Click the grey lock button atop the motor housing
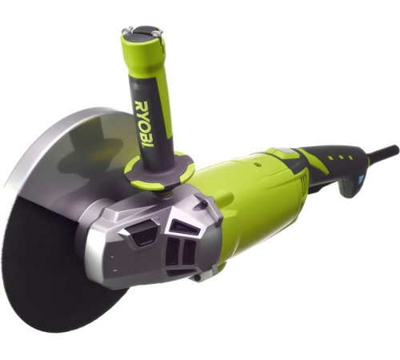pos(282,151)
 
